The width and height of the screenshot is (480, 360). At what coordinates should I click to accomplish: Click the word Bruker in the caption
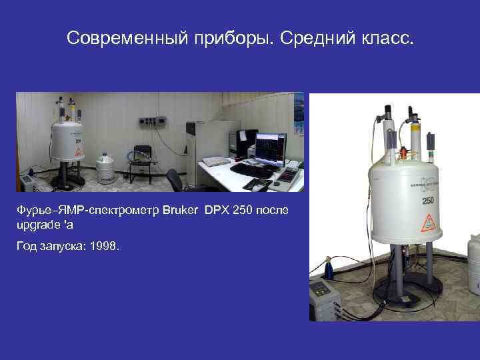click(x=179, y=211)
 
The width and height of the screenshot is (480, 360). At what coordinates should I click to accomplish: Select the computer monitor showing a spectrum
click(x=271, y=148)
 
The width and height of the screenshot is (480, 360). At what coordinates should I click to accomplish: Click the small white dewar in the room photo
click(x=104, y=169)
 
